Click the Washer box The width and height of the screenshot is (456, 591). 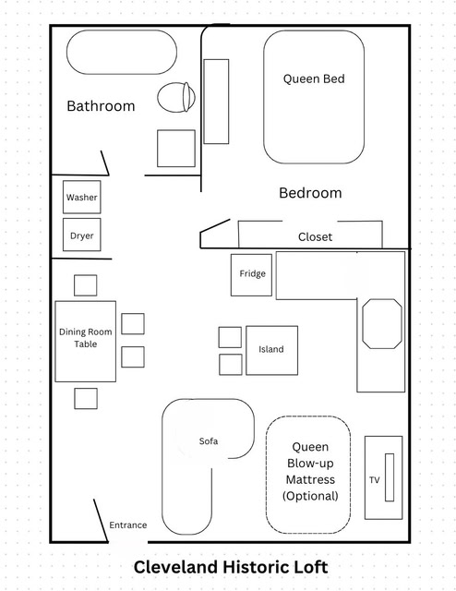point(82,197)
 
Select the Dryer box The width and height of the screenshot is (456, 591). point(82,235)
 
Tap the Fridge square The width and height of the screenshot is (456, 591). point(251,275)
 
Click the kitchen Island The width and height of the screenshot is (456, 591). point(271,350)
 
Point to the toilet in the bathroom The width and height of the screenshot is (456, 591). point(176,97)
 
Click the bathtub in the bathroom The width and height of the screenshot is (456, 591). point(122,53)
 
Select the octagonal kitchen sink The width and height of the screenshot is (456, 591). point(382,323)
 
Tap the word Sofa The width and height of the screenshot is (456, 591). point(209,441)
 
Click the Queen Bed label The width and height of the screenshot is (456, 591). point(314,78)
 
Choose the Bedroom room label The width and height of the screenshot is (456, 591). point(310,193)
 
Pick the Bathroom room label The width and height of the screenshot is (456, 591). point(101,106)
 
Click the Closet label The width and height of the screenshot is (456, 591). point(315,237)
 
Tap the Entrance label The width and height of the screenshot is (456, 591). point(128,525)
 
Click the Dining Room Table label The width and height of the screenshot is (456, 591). point(86,338)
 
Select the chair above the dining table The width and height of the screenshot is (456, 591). point(86,285)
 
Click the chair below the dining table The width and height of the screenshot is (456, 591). point(86,398)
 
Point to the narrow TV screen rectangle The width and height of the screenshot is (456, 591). point(390,477)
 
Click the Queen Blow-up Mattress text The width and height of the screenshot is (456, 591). point(310,471)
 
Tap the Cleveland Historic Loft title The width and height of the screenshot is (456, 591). point(231,567)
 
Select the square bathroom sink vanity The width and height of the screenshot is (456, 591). point(176,148)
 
